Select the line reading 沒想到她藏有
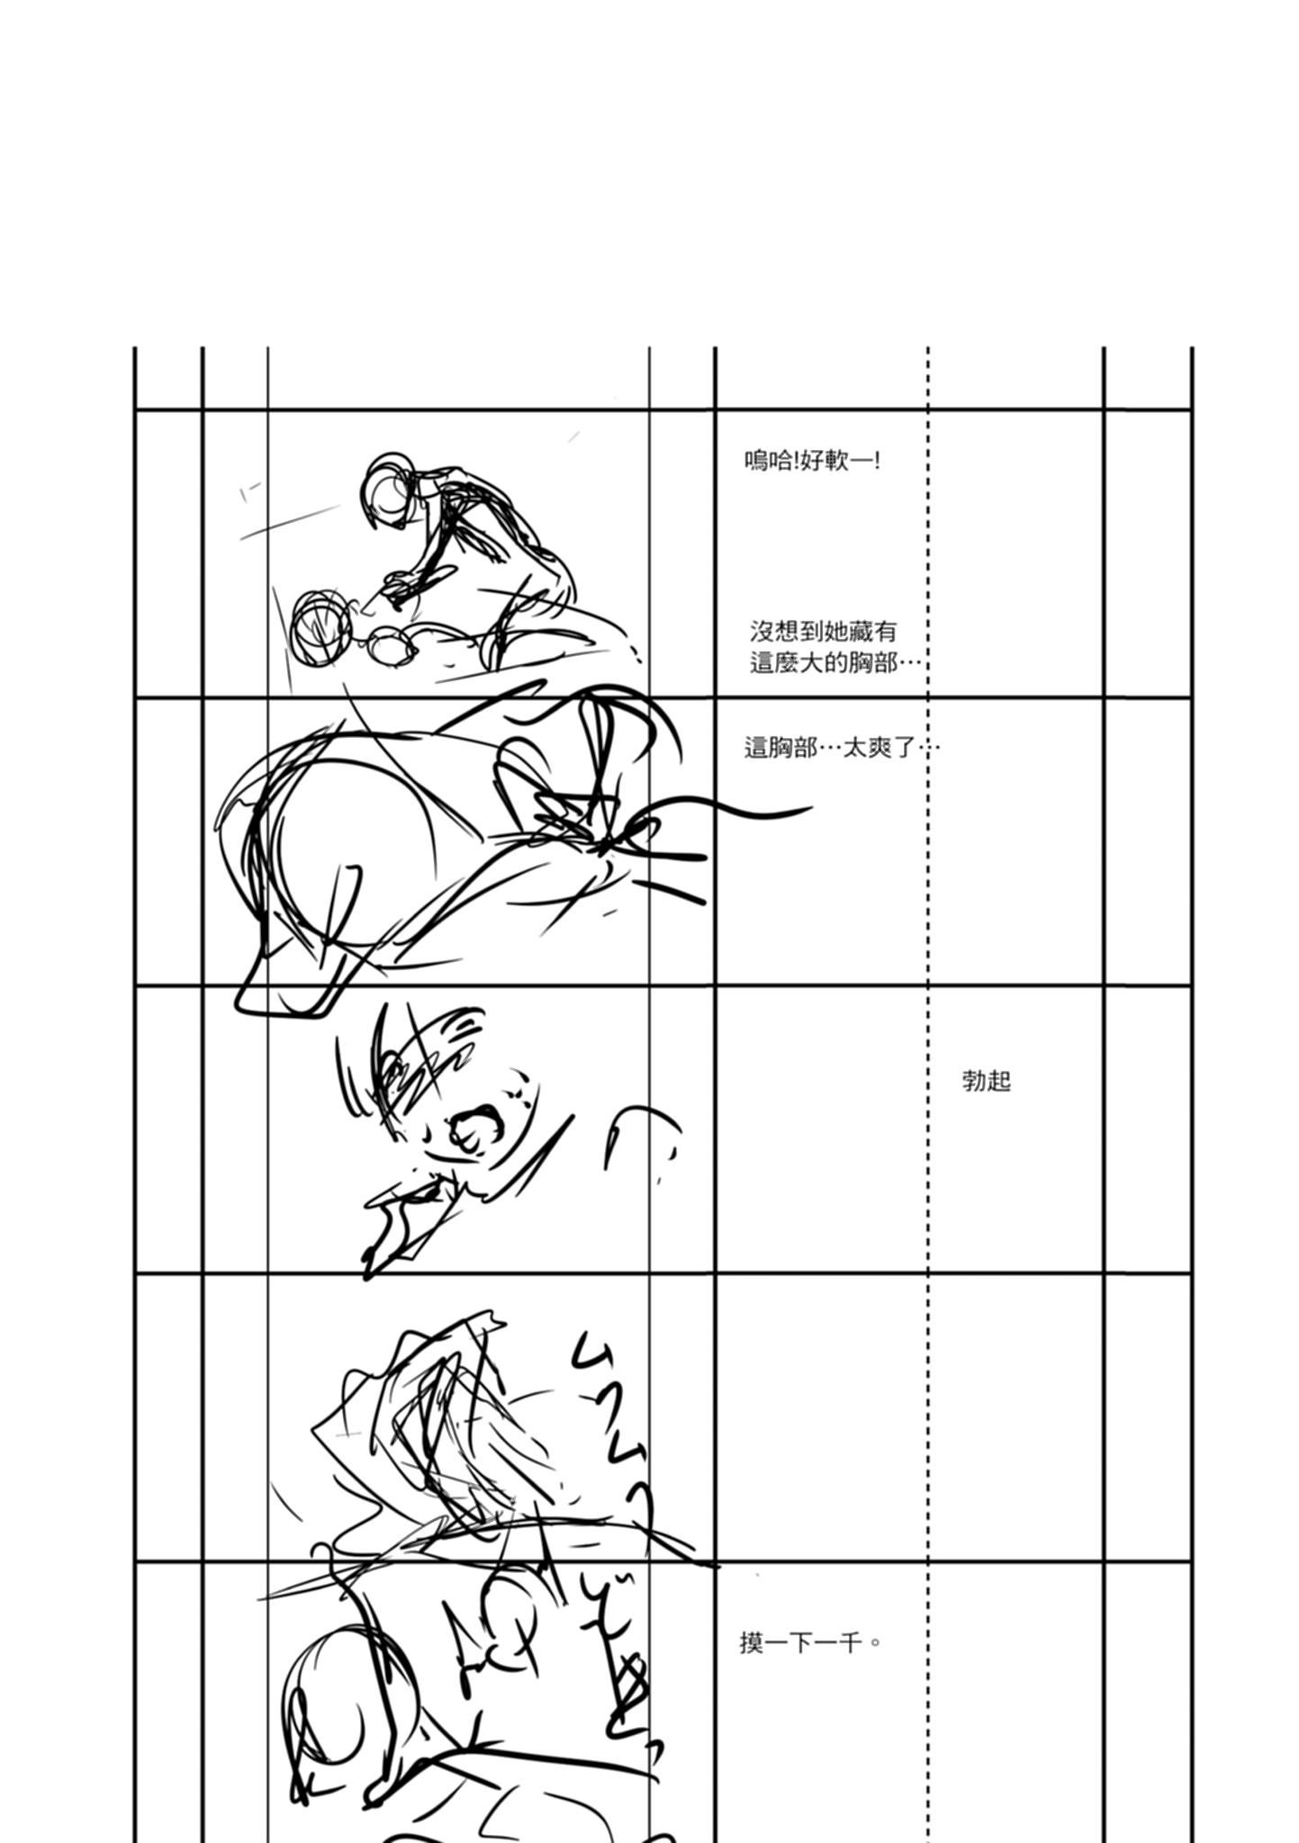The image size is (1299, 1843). point(823,632)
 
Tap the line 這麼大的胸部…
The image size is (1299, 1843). point(835,664)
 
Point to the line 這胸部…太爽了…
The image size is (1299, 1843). point(841,748)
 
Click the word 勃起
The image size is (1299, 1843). point(987,1081)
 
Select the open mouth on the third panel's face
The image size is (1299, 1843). point(477,1130)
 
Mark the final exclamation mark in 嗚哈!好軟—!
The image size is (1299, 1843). point(877,462)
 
